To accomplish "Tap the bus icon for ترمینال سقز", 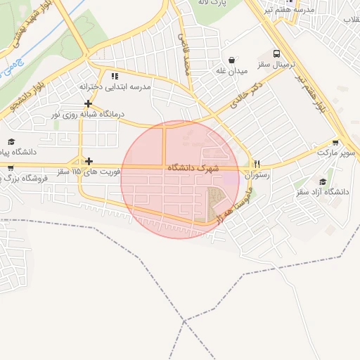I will click(x=276, y=54).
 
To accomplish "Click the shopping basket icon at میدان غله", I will click(x=231, y=60).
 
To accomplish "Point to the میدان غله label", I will click(x=231, y=71).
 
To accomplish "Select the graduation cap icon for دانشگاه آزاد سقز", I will click(x=323, y=181).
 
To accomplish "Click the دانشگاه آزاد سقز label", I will click(x=323, y=192).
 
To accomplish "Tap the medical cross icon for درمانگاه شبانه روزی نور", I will click(x=88, y=103).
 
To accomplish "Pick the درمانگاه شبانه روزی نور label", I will click(x=89, y=114).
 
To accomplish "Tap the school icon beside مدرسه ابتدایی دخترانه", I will click(x=115, y=76).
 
